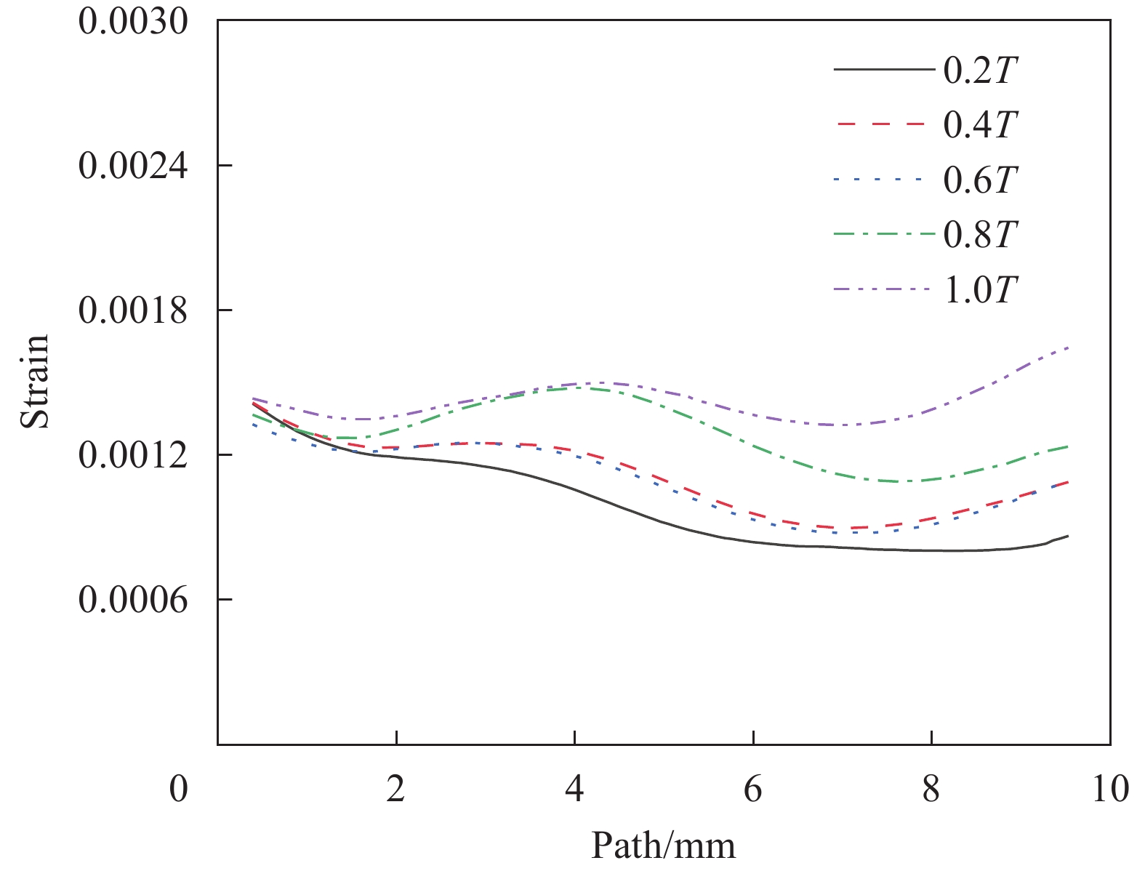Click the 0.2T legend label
click(979, 71)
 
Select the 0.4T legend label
click(979, 125)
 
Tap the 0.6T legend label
click(979, 180)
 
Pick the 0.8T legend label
click(979, 234)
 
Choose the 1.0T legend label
click(979, 290)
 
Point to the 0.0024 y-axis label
click(133, 166)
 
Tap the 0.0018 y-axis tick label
click(133, 310)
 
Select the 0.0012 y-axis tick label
click(133, 455)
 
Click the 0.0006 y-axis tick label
click(133, 600)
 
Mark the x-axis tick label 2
click(395, 788)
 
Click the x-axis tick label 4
click(574, 788)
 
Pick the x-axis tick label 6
click(753, 788)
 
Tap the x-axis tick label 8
click(931, 788)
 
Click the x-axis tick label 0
click(179, 788)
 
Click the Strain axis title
click(35, 382)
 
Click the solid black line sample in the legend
click(883, 70)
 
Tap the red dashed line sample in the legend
click(883, 124)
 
